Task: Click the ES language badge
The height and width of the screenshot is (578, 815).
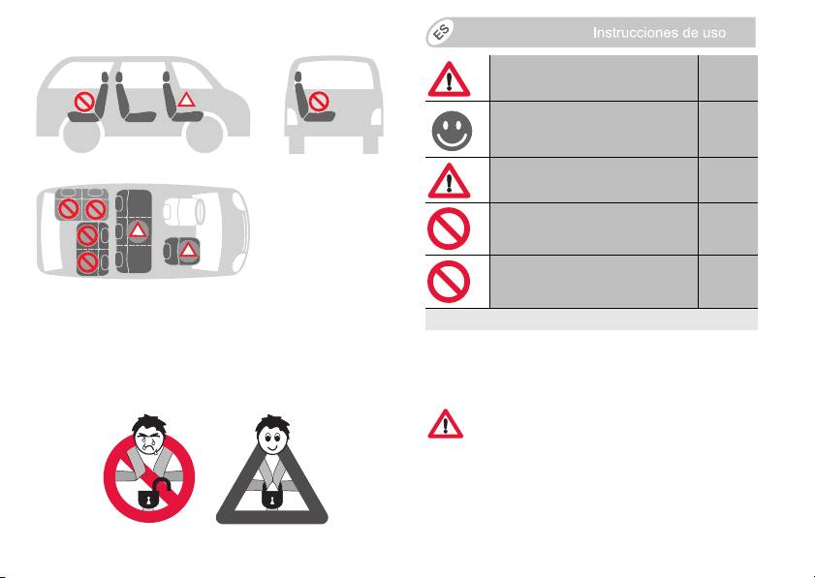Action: (441, 32)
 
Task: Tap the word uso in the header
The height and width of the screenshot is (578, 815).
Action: (712, 34)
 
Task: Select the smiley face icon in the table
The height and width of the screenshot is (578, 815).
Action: (452, 131)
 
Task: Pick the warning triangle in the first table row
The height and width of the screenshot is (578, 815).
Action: (449, 79)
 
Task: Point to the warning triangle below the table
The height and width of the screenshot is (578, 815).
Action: (446, 424)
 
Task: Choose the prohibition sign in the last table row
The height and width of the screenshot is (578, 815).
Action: (449, 282)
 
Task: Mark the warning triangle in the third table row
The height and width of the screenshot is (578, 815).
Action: (449, 181)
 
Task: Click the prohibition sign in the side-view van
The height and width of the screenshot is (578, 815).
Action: (83, 102)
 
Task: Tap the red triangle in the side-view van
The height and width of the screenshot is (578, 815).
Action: (186, 99)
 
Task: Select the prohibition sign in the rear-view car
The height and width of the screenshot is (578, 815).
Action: (319, 102)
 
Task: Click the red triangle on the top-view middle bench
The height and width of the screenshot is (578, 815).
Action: (138, 229)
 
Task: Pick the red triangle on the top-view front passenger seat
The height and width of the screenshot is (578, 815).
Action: (188, 251)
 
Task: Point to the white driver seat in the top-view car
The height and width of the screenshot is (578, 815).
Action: (183, 212)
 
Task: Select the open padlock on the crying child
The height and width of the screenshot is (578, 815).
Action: (153, 495)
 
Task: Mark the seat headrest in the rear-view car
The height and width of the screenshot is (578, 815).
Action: (298, 76)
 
